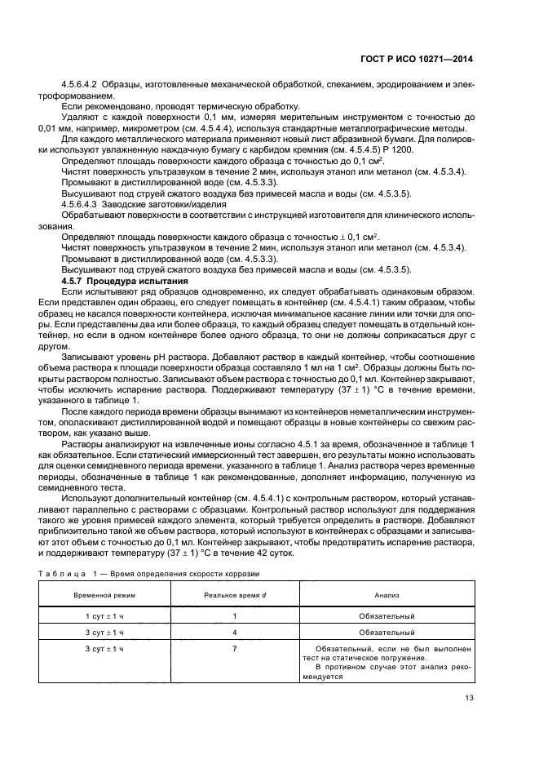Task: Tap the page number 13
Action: coord(468,698)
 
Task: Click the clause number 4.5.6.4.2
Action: coord(80,85)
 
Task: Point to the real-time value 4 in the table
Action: coord(235,633)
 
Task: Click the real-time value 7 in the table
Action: coord(235,648)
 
